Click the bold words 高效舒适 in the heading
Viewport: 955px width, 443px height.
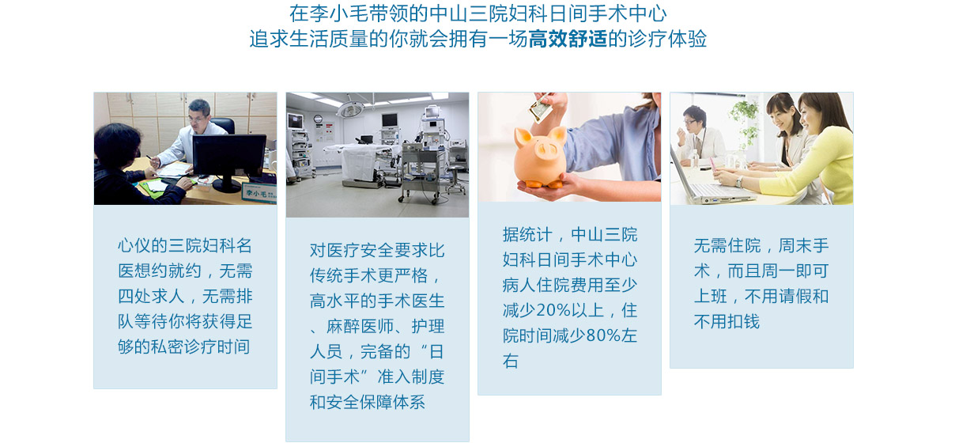coord(568,39)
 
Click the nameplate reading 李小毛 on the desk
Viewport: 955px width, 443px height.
coord(259,193)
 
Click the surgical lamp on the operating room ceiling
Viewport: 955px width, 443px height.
coord(350,109)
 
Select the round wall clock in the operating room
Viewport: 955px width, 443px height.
coord(318,119)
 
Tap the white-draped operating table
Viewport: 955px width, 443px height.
coord(362,159)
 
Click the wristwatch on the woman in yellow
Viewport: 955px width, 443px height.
coord(738,181)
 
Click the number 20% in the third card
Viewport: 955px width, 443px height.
coord(553,311)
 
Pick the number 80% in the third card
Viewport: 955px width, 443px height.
coord(603,336)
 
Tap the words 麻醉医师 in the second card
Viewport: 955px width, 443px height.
coord(360,327)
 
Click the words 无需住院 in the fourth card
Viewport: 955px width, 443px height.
coord(727,246)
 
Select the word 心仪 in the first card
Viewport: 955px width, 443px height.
coord(134,245)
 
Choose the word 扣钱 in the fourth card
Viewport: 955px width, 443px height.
coord(744,321)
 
